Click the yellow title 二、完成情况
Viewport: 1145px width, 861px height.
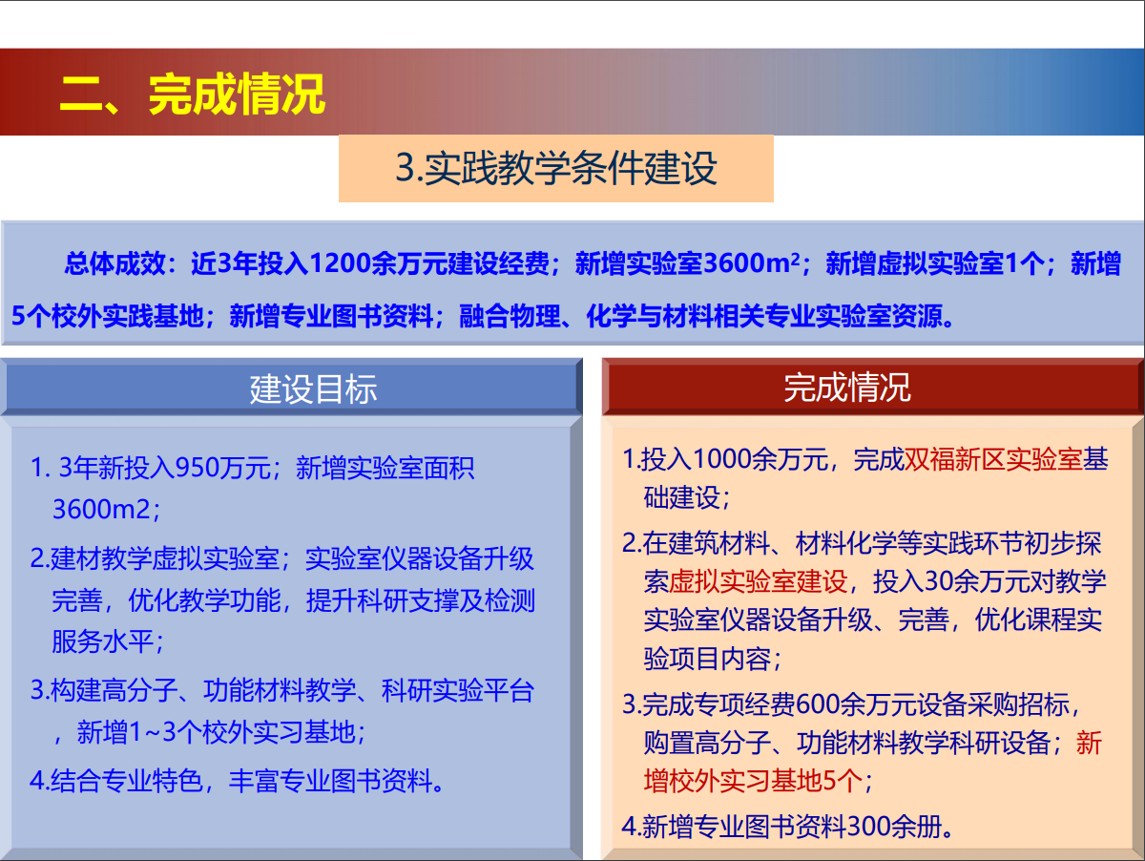coord(193,94)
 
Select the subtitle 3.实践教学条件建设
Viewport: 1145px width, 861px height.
coord(556,168)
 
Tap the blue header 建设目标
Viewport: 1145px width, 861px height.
coord(313,389)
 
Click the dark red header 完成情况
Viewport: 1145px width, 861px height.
coord(847,388)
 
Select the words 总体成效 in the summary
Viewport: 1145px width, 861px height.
coord(114,263)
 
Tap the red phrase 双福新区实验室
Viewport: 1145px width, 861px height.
coord(992,460)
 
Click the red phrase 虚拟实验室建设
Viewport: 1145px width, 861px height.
coord(758,581)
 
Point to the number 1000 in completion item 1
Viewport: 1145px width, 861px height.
coord(723,460)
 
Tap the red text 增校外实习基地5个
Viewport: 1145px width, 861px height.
coord(753,781)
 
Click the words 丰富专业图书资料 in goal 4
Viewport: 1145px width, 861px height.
coord(331,781)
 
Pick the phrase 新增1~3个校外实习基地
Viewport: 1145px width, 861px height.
coord(216,732)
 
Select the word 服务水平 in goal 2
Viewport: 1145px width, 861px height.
coord(102,641)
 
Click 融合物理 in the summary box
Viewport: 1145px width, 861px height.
coord(510,316)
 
